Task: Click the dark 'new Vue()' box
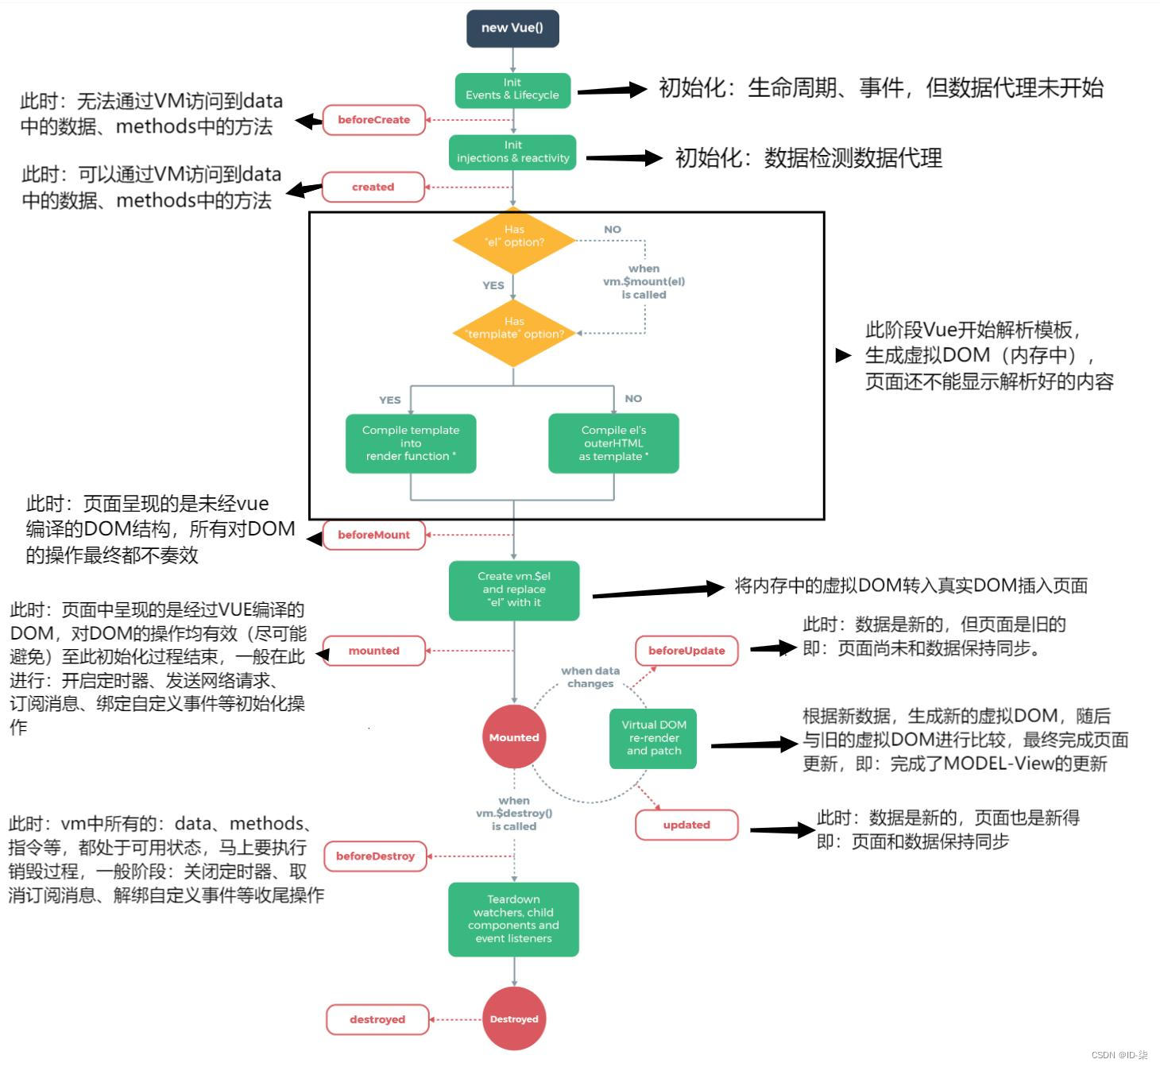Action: point(512,28)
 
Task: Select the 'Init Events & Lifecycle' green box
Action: point(512,89)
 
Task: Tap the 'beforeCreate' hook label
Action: point(373,120)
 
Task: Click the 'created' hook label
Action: point(373,187)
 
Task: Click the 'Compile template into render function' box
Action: point(411,443)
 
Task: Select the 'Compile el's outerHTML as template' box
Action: point(613,443)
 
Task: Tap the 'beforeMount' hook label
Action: point(373,535)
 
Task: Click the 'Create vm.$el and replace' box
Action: point(513,590)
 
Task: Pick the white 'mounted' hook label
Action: point(373,651)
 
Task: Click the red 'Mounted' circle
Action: point(513,737)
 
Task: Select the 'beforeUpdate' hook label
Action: point(686,651)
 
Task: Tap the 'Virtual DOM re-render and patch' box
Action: point(653,738)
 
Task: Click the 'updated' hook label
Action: point(686,825)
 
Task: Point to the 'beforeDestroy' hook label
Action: point(375,856)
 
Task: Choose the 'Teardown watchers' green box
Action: point(513,919)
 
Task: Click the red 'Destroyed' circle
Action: point(513,1019)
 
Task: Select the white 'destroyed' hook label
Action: point(377,1019)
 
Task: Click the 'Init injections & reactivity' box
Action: point(512,152)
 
